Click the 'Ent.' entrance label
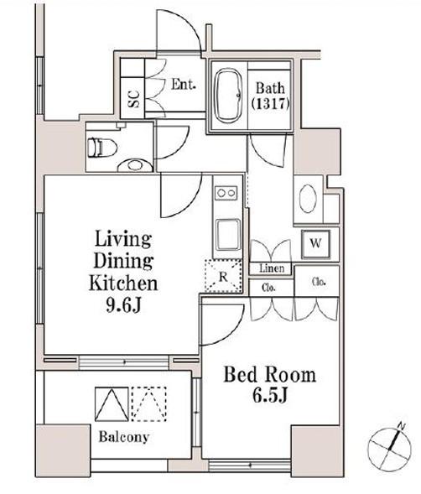tap(184, 84)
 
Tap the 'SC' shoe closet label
tap(133, 99)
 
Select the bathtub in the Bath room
tap(228, 96)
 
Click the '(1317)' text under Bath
tap(270, 104)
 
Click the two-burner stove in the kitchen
tap(226, 193)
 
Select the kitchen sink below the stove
tap(227, 235)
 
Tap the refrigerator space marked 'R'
tap(223, 276)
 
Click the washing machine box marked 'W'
tap(315, 244)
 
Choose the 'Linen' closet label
tap(272, 268)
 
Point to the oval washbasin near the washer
tap(308, 199)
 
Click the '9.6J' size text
tap(123, 305)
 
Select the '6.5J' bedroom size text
tap(270, 395)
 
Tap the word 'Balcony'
tap(123, 437)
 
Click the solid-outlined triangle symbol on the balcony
tap(112, 404)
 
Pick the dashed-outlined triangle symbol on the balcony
tap(149, 404)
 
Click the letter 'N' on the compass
tap(402, 427)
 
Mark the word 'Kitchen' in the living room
tap(123, 283)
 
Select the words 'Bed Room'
tap(270, 375)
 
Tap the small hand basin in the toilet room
tap(135, 165)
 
